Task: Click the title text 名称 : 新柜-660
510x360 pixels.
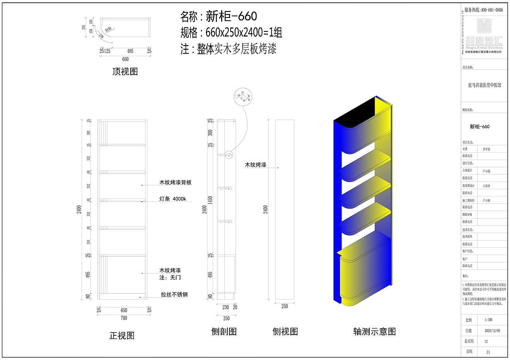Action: tap(218, 16)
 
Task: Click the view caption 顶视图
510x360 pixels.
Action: tap(125, 72)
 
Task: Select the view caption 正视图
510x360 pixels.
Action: tap(122, 336)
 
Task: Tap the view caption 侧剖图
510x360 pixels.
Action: tap(224, 331)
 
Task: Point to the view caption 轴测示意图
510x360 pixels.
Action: tap(374, 331)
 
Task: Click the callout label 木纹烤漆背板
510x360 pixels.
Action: tap(175, 183)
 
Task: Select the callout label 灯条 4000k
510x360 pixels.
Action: tap(173, 199)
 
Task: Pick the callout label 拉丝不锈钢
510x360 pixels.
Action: tap(174, 295)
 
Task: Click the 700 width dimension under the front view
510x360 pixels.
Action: tap(124, 318)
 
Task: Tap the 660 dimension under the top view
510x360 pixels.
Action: tap(125, 59)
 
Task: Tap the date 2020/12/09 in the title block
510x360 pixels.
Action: tap(492, 331)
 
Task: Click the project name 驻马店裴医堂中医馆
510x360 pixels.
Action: tap(484, 85)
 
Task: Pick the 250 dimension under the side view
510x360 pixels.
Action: tap(284, 306)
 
